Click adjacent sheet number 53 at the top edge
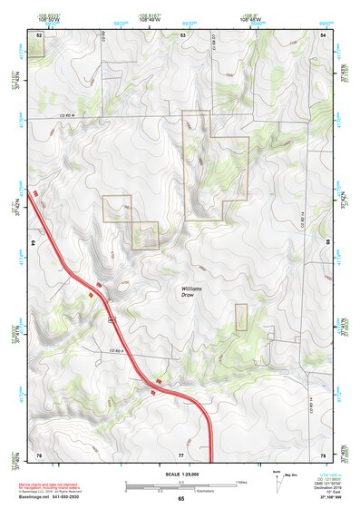click(x=182, y=34)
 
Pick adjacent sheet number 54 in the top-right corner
click(x=324, y=34)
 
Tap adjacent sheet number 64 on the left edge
click(x=33, y=244)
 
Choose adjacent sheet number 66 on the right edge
click(x=328, y=244)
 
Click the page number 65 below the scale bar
click(x=180, y=499)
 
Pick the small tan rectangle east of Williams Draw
click(x=241, y=317)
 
